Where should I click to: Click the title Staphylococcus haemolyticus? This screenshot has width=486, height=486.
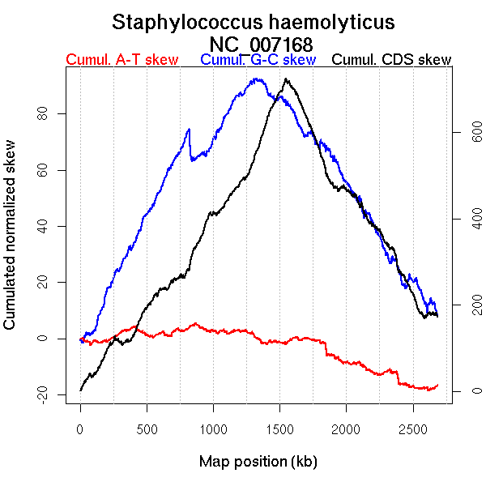click(x=254, y=22)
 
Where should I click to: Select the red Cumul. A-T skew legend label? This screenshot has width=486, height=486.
click(x=122, y=60)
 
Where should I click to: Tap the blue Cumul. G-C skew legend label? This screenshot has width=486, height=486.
click(x=258, y=60)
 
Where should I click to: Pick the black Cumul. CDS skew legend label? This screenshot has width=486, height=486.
click(x=392, y=60)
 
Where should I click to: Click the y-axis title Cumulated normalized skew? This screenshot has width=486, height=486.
click(x=11, y=243)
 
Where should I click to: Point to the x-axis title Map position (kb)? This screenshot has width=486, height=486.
click(x=258, y=463)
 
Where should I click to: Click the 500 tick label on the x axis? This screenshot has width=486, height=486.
click(x=147, y=428)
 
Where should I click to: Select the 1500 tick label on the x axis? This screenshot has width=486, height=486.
click(x=279, y=428)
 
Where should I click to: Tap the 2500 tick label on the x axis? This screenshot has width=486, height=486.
click(x=413, y=428)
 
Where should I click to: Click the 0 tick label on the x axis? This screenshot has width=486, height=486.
click(x=80, y=428)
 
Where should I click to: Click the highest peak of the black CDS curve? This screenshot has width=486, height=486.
click(x=286, y=79)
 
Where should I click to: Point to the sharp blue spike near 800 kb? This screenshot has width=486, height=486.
click(x=189, y=129)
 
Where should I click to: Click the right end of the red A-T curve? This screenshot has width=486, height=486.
click(x=438, y=385)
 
